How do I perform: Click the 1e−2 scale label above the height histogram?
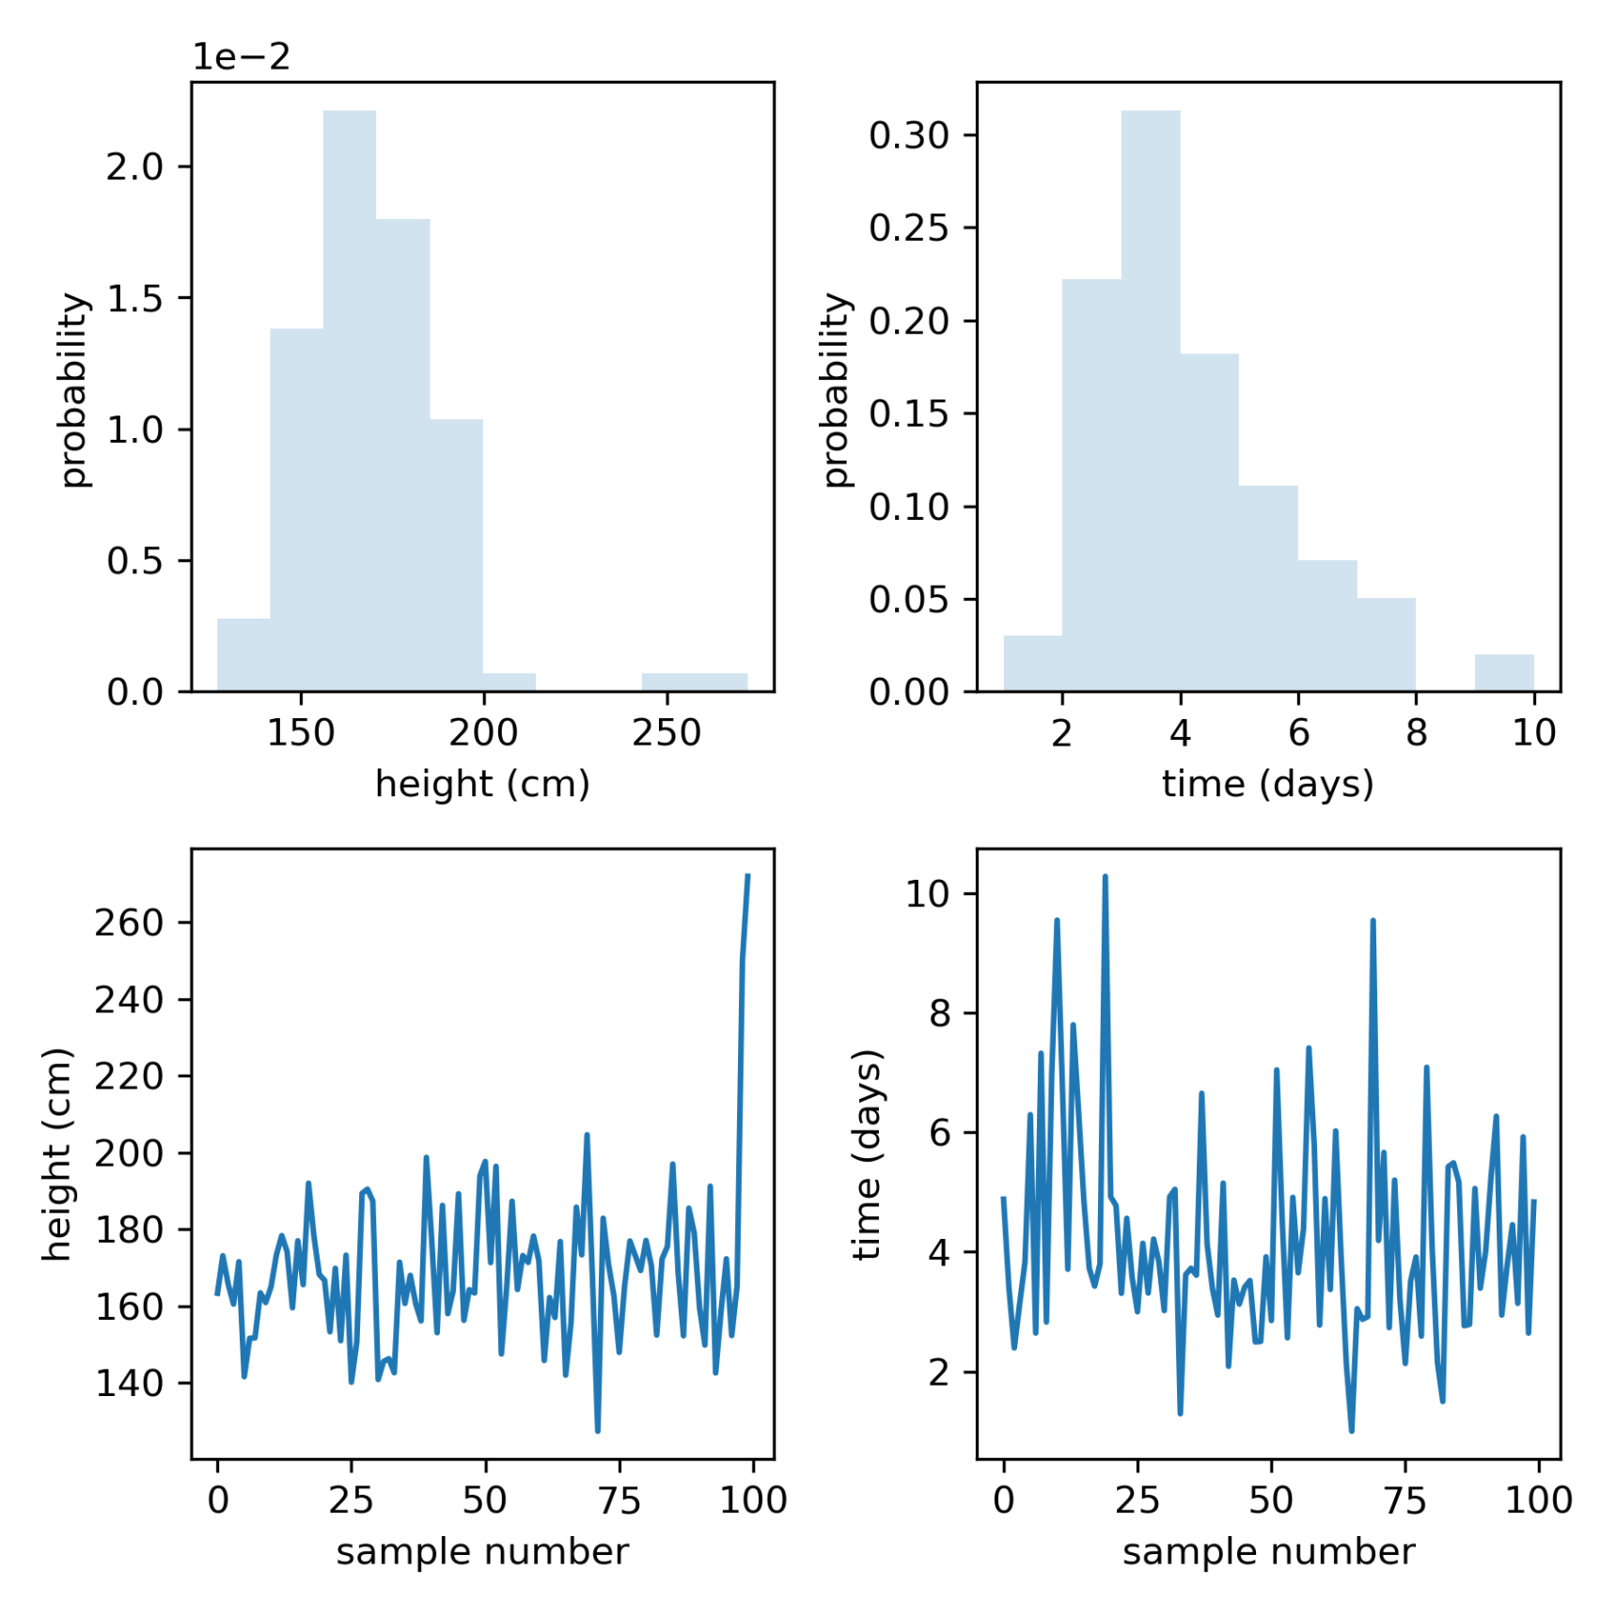point(241,57)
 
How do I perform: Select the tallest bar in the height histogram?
point(350,400)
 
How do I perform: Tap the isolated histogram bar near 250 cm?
point(694,682)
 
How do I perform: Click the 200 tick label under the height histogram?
point(483,732)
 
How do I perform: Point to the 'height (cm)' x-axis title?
point(482,783)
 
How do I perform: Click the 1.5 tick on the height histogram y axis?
point(134,299)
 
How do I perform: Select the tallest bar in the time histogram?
point(1151,400)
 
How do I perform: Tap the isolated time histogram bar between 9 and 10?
point(1504,673)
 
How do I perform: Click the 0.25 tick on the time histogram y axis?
point(909,228)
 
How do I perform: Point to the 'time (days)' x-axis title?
point(1267,783)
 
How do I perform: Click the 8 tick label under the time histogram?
point(1416,732)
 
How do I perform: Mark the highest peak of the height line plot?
point(747,877)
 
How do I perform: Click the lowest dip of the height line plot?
point(598,1430)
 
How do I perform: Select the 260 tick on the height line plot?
point(129,923)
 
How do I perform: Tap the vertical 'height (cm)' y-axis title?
point(56,1153)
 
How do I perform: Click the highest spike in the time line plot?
point(1105,877)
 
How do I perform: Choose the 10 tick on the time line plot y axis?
point(927,894)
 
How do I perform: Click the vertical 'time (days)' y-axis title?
point(867,1153)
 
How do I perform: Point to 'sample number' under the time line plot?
point(1267,1551)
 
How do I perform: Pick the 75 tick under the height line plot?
point(620,1500)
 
